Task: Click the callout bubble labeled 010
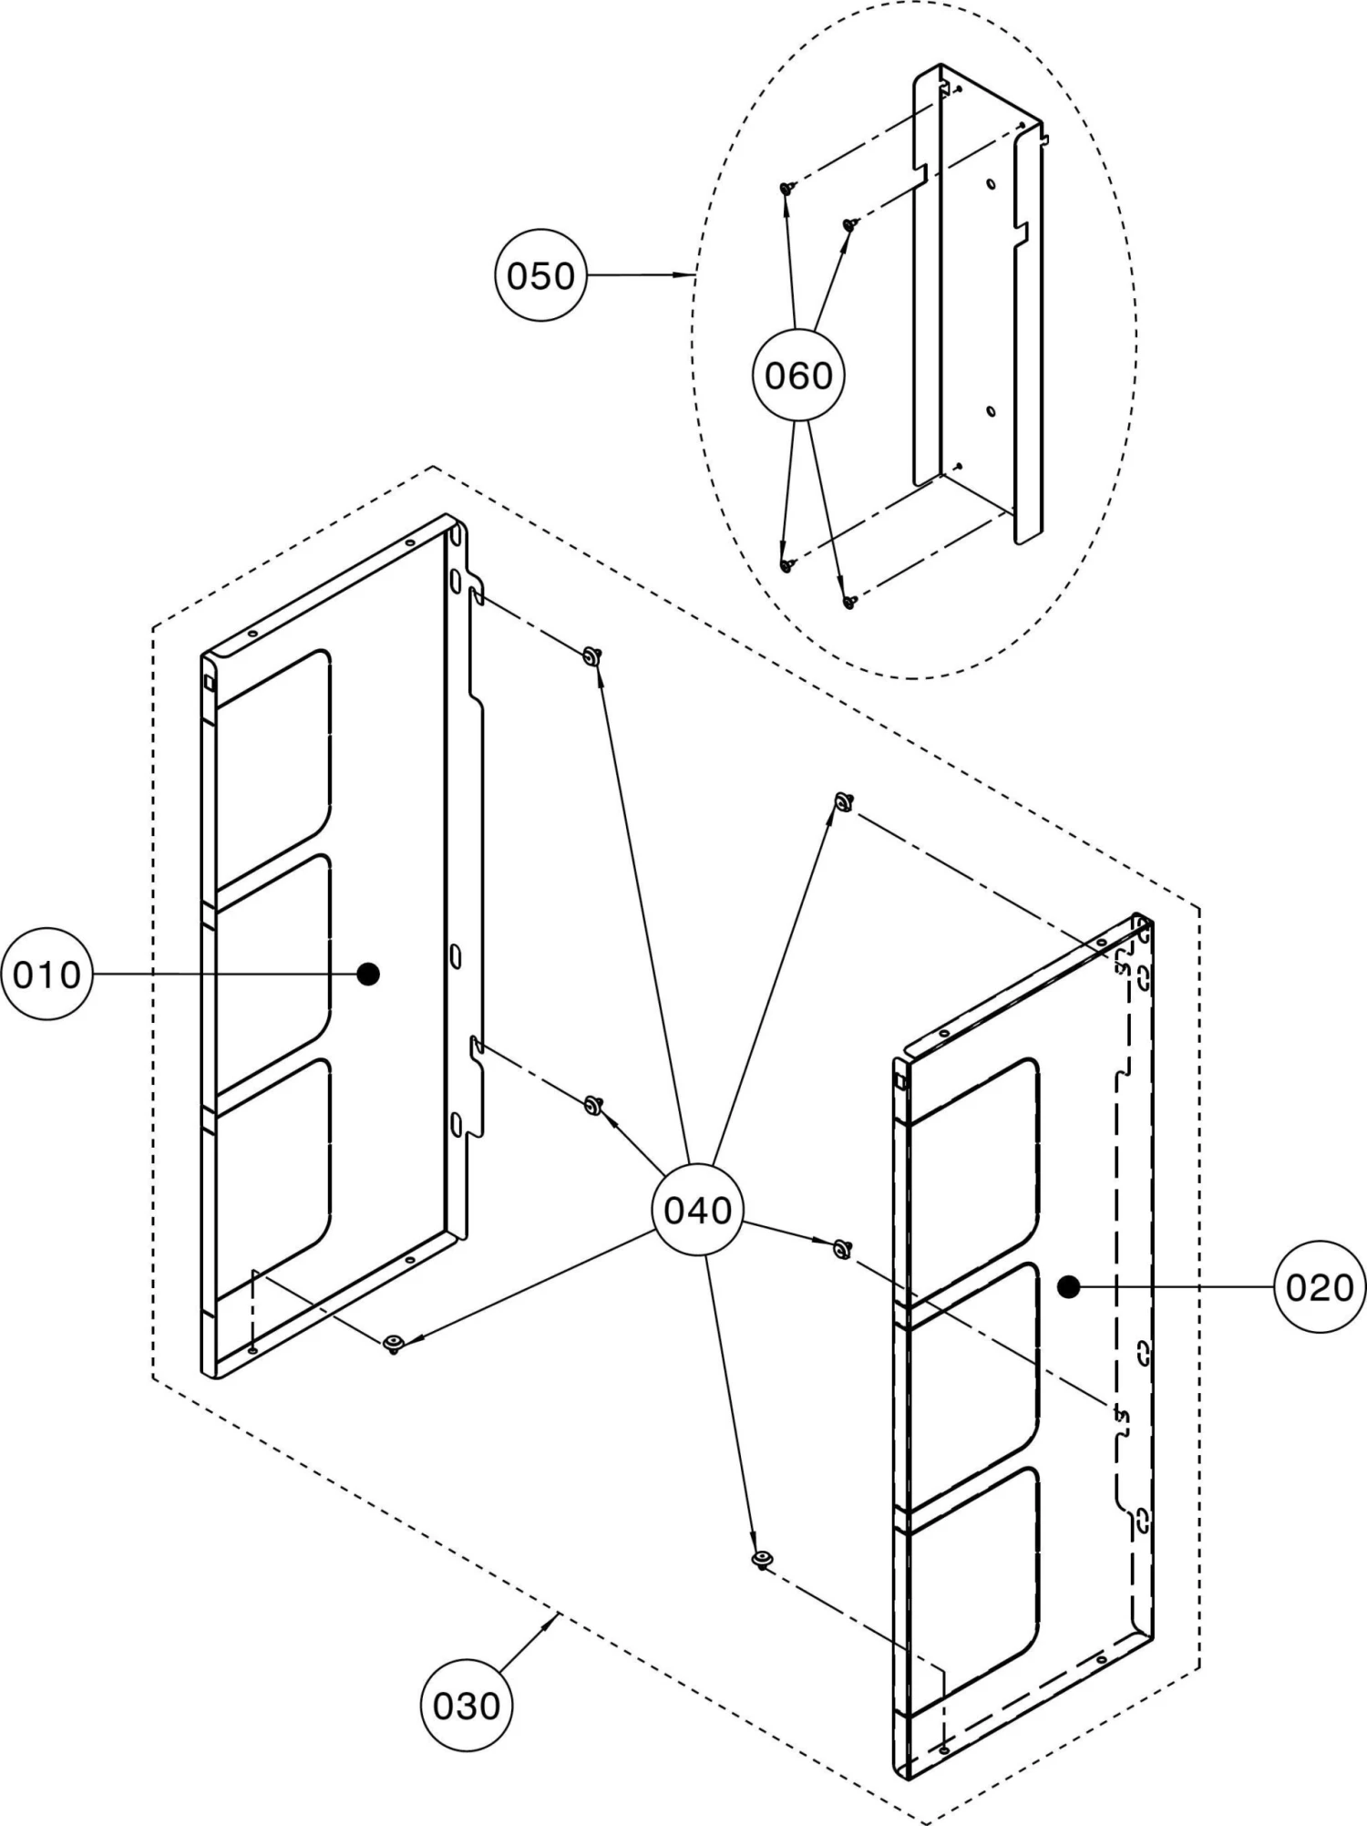(46, 975)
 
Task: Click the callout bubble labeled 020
(1320, 1287)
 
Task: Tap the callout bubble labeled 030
(466, 1706)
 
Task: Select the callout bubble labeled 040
(698, 1211)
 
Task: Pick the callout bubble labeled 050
(540, 275)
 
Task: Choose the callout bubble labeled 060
(798, 376)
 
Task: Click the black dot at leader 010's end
(368, 975)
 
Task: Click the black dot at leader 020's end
(1069, 1286)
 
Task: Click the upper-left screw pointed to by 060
(786, 188)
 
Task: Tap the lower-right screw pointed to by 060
(848, 602)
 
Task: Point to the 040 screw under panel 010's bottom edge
(393, 1343)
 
